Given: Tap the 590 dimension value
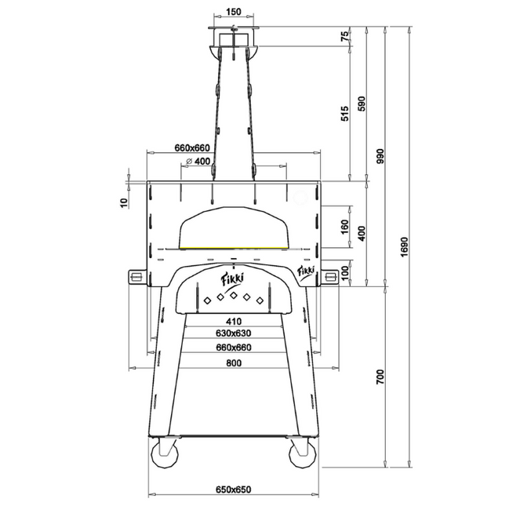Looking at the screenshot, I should coord(361,104).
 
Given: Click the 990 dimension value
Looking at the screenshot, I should coord(380,156).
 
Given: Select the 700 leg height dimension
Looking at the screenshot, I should coord(380,378).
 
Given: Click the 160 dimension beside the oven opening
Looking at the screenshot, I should coord(344,228).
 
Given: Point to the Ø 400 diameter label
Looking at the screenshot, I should coord(199,162).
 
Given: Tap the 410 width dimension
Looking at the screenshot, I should coord(232,321).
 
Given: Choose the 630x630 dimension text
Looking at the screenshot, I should coord(232,333).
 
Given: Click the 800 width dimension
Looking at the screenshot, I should coord(232,362).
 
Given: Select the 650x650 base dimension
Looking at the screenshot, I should coord(232,490).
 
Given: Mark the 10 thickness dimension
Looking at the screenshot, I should coord(123,202).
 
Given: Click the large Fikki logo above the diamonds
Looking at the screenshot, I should coord(233,278).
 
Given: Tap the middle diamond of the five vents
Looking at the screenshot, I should coord(233,295).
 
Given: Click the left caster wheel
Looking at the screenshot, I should coord(165,456).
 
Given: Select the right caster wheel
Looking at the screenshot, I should coord(300,456).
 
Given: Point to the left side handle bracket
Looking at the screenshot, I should coord(135,275).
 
